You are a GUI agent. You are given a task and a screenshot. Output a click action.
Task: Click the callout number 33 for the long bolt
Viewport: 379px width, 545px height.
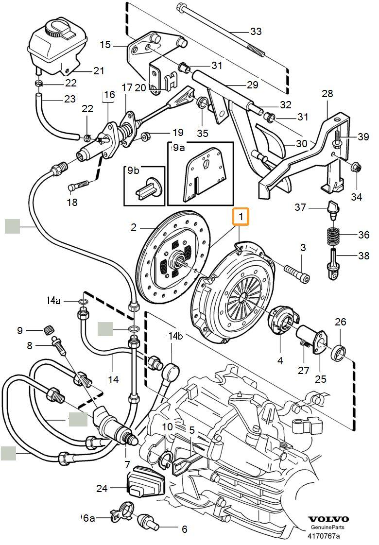click(x=256, y=32)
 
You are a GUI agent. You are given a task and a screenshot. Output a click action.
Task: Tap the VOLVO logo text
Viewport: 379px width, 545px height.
click(x=329, y=519)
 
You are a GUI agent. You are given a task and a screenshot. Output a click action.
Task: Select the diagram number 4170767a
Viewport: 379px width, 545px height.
click(x=323, y=536)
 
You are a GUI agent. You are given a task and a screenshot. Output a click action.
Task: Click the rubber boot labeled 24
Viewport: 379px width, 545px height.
click(x=145, y=484)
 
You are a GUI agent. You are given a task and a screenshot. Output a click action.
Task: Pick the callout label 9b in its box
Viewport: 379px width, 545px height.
click(x=133, y=170)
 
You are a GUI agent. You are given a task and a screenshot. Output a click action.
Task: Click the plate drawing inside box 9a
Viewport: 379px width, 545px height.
click(x=201, y=174)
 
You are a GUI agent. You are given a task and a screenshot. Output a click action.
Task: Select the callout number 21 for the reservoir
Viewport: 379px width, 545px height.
click(x=99, y=71)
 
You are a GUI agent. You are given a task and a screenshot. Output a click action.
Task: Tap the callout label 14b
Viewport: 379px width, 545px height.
click(x=175, y=336)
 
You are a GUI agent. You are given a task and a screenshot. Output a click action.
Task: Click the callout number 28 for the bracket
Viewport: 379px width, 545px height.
click(x=327, y=93)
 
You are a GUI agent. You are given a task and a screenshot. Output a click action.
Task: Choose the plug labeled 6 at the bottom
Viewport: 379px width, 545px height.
click(x=148, y=521)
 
